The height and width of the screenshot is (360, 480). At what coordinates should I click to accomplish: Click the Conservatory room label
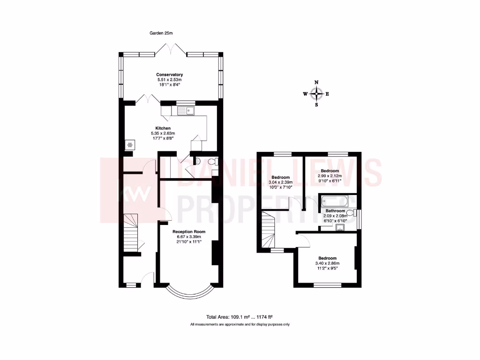pyautogui.click(x=169, y=75)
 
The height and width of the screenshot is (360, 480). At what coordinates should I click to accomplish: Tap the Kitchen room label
pyautogui.click(x=163, y=128)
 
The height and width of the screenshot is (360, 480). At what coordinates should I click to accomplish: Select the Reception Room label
pyautogui.click(x=189, y=232)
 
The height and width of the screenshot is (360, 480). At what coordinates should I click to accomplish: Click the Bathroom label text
pyautogui.click(x=335, y=211)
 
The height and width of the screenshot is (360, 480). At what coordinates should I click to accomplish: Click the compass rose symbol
pyautogui.click(x=316, y=94)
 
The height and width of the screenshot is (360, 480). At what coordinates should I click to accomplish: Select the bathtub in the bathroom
pyautogui.click(x=335, y=202)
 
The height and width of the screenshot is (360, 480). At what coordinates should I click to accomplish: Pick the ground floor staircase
pyautogui.click(x=131, y=232)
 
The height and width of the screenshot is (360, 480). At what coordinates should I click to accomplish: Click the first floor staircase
pyautogui.click(x=269, y=230)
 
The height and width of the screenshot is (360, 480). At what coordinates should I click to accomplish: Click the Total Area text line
pyautogui.click(x=240, y=316)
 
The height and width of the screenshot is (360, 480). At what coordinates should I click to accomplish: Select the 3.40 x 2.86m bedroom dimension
pyautogui.click(x=327, y=264)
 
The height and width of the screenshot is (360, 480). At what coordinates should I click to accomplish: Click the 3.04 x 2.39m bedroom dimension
pyautogui.click(x=280, y=182)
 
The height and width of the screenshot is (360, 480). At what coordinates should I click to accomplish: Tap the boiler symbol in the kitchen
pyautogui.click(x=129, y=145)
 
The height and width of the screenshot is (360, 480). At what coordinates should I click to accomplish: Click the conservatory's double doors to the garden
pyautogui.click(x=171, y=48)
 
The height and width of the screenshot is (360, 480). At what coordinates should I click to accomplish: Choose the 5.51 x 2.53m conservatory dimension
pyautogui.click(x=169, y=80)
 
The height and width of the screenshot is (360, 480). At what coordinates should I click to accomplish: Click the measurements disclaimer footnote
pyautogui.click(x=240, y=324)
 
